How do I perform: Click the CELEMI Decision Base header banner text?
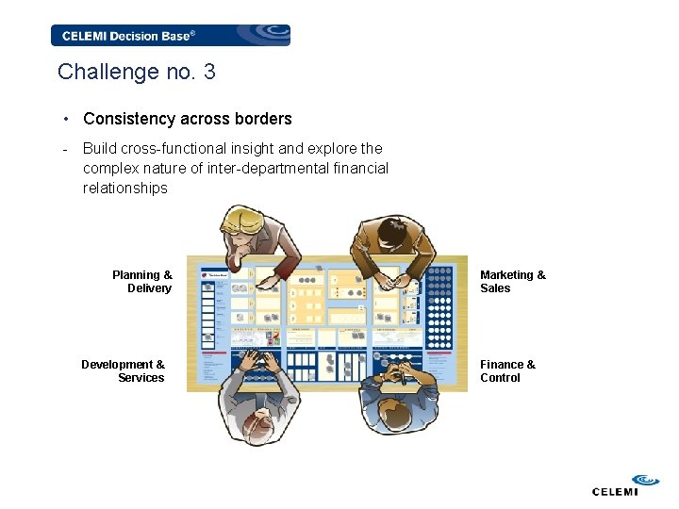[128, 36]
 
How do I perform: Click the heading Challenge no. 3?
[137, 72]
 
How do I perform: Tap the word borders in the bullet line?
[265, 119]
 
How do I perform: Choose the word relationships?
[124, 188]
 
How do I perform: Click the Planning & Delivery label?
[143, 282]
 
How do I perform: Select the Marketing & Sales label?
[512, 282]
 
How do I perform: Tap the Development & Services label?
[124, 371]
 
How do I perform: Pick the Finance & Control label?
[507, 371]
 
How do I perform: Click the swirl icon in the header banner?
[270, 35]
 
